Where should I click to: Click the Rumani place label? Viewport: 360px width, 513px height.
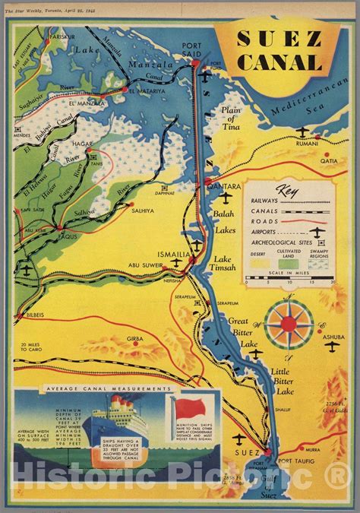click(306, 142)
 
